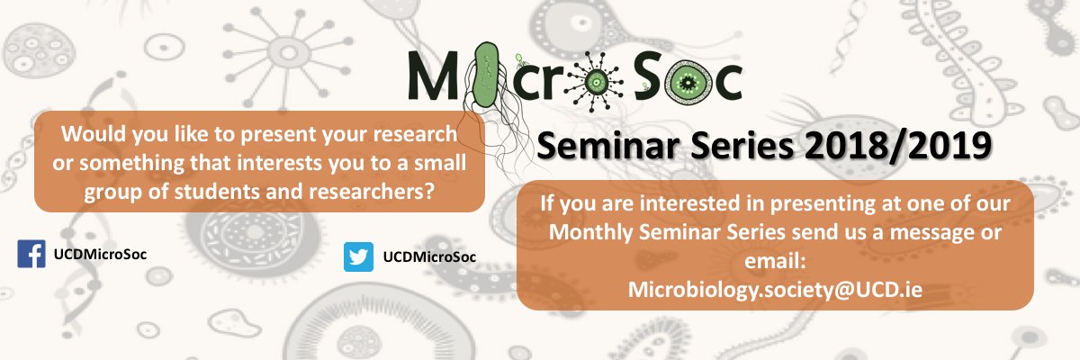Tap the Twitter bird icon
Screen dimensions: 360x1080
coord(358,257)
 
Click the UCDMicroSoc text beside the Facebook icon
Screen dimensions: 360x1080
coord(99,254)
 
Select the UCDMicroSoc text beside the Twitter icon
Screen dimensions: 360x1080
coord(429,257)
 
